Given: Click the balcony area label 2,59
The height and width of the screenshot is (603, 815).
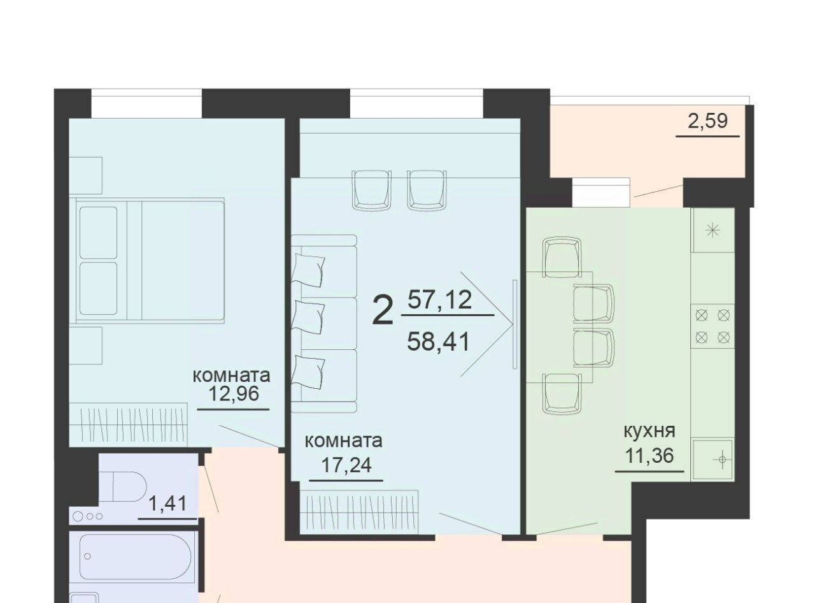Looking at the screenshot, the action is pos(707,121).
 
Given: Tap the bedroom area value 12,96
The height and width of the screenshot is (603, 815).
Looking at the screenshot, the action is pos(233,394).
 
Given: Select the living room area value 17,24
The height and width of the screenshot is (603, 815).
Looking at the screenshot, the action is pos(346,465).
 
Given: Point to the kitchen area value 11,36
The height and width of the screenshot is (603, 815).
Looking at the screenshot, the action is pos(649,456).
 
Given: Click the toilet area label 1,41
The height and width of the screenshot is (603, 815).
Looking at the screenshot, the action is pos(167,504).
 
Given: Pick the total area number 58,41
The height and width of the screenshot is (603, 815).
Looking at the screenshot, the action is pos(438,342).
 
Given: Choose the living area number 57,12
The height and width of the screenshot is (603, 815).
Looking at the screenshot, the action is pos(439,300).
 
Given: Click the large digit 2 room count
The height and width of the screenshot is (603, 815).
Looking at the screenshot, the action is pos(382,312).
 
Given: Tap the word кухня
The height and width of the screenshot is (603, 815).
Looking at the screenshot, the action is pos(649,432).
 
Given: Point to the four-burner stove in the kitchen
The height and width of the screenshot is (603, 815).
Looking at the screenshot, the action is pos(712,326).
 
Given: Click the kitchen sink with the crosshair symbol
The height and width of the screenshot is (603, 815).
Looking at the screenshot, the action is pos(712,460).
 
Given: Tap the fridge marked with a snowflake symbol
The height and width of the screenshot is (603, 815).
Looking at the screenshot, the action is pos(712,230).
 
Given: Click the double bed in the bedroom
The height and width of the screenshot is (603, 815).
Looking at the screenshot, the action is pos(150,261).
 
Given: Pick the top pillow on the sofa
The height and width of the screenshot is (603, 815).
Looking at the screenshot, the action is pos(308,270).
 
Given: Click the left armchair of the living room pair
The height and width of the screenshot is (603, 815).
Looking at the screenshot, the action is pos(371,189).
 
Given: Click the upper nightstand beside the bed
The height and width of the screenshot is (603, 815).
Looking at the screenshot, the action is pos(85,175).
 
